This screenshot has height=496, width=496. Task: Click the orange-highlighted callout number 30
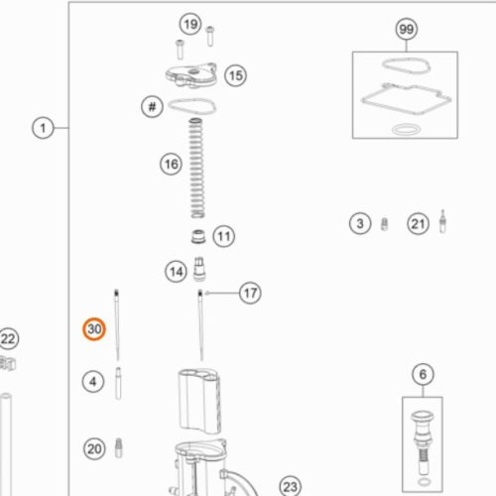click(x=94, y=329)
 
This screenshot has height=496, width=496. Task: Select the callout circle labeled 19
click(x=190, y=24)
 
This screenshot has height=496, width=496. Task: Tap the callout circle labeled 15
click(x=236, y=75)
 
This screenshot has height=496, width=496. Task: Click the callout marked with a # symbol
click(x=152, y=107)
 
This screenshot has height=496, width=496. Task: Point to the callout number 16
click(x=171, y=164)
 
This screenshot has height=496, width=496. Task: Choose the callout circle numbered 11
click(x=224, y=236)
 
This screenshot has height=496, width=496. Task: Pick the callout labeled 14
click(x=176, y=272)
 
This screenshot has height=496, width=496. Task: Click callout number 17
click(x=250, y=293)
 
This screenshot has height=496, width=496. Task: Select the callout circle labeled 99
click(x=407, y=29)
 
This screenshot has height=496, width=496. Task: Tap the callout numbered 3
click(x=360, y=223)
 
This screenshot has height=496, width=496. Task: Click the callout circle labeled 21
click(x=418, y=224)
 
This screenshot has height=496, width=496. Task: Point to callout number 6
click(x=423, y=374)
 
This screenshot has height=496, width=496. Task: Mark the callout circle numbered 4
click(x=93, y=382)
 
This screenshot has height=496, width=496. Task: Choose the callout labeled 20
click(x=94, y=448)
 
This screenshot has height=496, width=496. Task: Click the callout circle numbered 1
click(x=43, y=128)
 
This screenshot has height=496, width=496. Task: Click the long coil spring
click(x=196, y=168)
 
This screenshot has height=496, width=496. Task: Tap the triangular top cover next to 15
click(x=191, y=75)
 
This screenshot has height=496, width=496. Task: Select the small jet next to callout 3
click(x=384, y=224)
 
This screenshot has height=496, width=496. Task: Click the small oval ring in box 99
click(x=407, y=129)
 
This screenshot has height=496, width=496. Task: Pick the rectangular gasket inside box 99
click(x=407, y=99)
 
